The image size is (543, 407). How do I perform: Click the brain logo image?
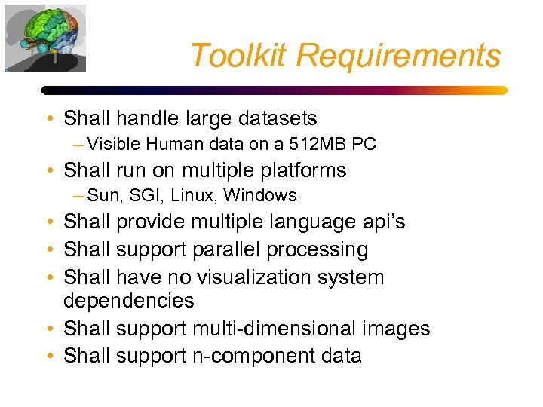coord(44,38)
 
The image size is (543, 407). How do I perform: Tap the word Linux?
coord(193,196)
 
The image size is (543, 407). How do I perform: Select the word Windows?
coord(260,196)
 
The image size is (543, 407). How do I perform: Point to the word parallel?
coord(229,249)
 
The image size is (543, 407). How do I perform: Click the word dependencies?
coord(128,301)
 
